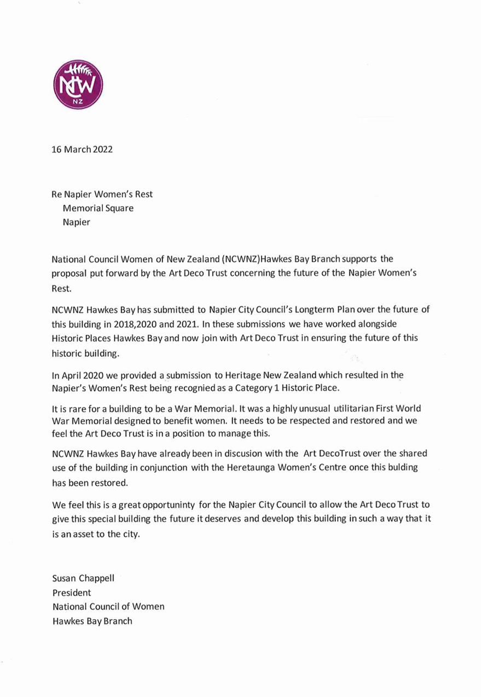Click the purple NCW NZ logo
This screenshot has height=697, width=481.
[78, 84]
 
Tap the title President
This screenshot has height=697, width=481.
[72, 593]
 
